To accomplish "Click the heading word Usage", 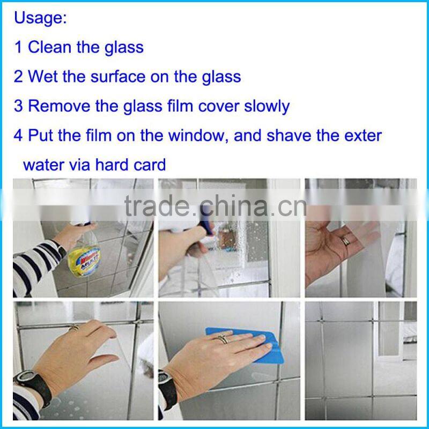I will pyautogui.click(x=40, y=18).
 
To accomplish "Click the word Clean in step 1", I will pyautogui.click(x=50, y=47).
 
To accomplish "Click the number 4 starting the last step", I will pyautogui.click(x=19, y=135).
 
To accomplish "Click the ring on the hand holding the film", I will pyautogui.click(x=346, y=241).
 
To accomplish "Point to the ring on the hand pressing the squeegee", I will pyautogui.click(x=222, y=338).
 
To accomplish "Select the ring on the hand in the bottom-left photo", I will pyautogui.click(x=74, y=327).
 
